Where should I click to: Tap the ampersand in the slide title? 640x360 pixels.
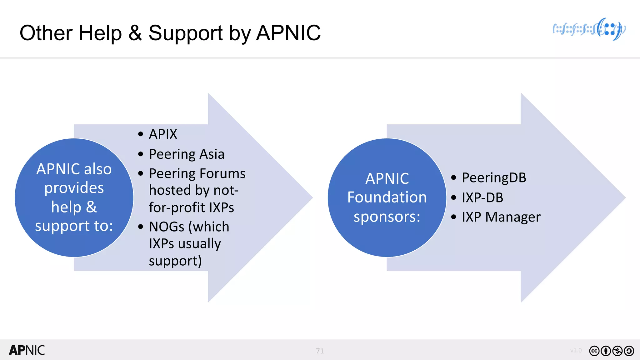click(x=135, y=33)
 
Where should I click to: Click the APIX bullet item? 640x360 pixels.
click(x=163, y=134)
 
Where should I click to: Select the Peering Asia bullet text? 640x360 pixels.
click(x=187, y=154)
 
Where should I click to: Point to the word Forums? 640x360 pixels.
click(x=222, y=174)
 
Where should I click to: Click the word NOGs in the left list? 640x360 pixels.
click(x=167, y=227)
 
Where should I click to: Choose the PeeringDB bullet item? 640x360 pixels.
click(x=494, y=178)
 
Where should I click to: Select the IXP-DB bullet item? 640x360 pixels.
click(x=482, y=197)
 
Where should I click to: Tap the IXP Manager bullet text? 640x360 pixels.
click(x=501, y=217)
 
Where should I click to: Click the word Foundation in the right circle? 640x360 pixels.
click(x=387, y=197)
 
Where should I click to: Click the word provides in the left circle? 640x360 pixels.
click(x=74, y=188)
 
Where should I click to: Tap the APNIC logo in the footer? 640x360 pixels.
click(x=27, y=350)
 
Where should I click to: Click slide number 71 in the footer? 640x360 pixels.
click(x=320, y=351)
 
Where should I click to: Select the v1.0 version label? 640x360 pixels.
click(x=576, y=351)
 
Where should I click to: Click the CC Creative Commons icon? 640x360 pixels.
click(x=594, y=351)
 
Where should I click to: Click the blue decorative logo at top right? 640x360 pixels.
click(x=589, y=29)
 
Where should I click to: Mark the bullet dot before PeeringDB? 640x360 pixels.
click(x=454, y=178)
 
